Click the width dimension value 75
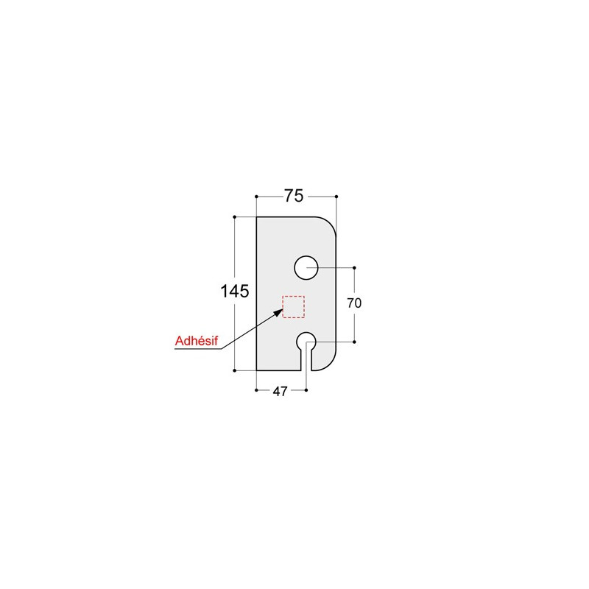click(x=294, y=196)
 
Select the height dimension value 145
click(x=234, y=292)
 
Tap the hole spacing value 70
click(x=354, y=303)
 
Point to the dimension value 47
click(x=280, y=392)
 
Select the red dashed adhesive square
click(x=294, y=306)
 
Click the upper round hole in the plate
click(x=306, y=267)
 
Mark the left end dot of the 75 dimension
click(x=255, y=197)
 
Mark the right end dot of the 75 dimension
click(x=336, y=197)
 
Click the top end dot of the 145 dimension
click(x=234, y=217)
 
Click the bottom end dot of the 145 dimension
click(x=234, y=370)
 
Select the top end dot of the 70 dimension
click(x=354, y=267)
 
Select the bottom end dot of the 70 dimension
click(x=354, y=342)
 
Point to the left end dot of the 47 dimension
click(x=255, y=391)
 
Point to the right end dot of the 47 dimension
click(x=306, y=391)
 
